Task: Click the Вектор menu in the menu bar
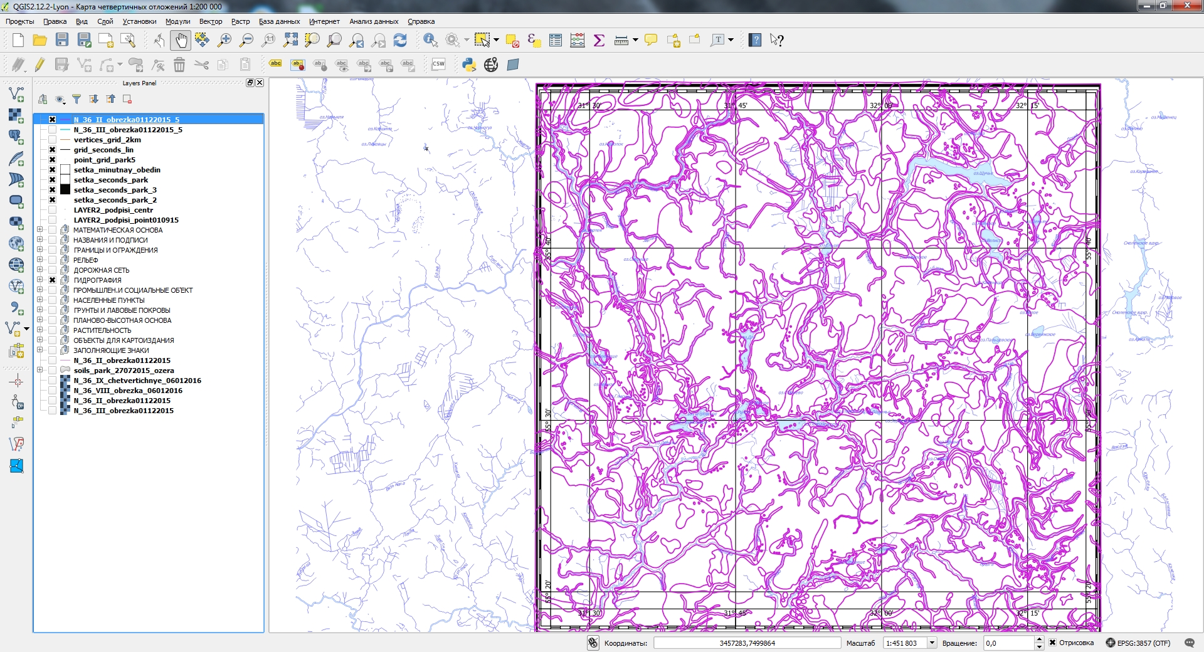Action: pos(210,21)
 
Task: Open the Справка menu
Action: pos(421,21)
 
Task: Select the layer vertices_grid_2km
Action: pos(107,140)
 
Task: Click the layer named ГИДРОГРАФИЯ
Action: pos(97,280)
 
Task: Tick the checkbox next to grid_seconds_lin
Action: pos(53,150)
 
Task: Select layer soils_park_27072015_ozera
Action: pos(124,371)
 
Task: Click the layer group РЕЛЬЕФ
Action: pos(85,260)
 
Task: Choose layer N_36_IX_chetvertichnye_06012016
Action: pos(137,381)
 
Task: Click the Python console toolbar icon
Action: pos(468,65)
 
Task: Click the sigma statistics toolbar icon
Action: pos(599,40)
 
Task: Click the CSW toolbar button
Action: pos(438,64)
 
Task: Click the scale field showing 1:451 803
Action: pos(904,643)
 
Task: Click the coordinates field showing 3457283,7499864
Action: pos(747,643)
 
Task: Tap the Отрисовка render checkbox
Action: pos(1053,643)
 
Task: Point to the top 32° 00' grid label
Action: pos(880,105)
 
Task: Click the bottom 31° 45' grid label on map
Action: pos(735,613)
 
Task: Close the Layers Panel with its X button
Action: pos(260,83)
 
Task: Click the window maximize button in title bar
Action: pos(1163,6)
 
